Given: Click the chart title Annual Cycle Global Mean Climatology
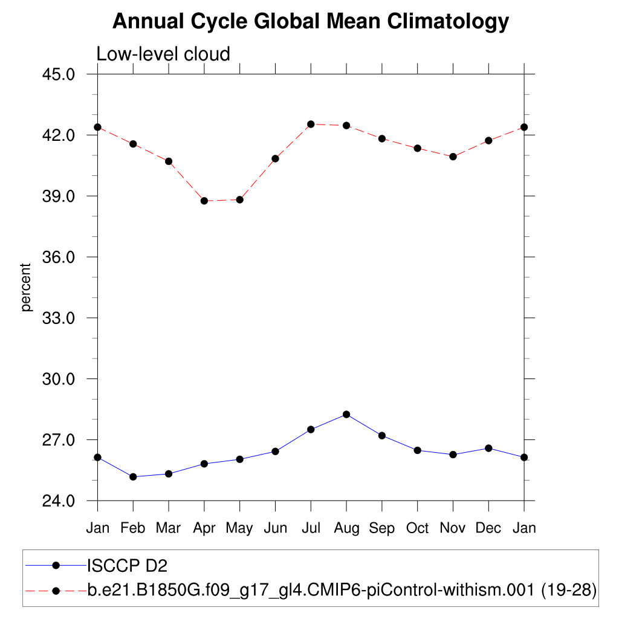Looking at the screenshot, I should (311, 22).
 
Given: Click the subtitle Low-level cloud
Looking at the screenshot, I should (163, 54).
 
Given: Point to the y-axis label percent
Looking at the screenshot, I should (26, 287).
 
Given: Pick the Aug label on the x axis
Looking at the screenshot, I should (346, 528).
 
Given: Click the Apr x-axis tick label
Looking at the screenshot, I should (204, 529).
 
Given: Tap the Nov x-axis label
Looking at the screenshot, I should (453, 528).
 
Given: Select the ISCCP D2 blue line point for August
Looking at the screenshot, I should (346, 414).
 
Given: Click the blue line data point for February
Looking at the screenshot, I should (133, 477).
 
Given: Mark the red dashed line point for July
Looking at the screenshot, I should (311, 124).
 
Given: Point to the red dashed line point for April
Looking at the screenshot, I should (204, 201).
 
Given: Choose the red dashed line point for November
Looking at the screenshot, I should (453, 157).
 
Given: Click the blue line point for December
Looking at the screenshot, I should (488, 448).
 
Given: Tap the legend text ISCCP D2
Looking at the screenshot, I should (127, 566).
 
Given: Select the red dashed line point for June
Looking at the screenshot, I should (275, 158).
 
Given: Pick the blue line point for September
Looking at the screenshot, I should (382, 435).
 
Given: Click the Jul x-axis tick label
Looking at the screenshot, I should (311, 528).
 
